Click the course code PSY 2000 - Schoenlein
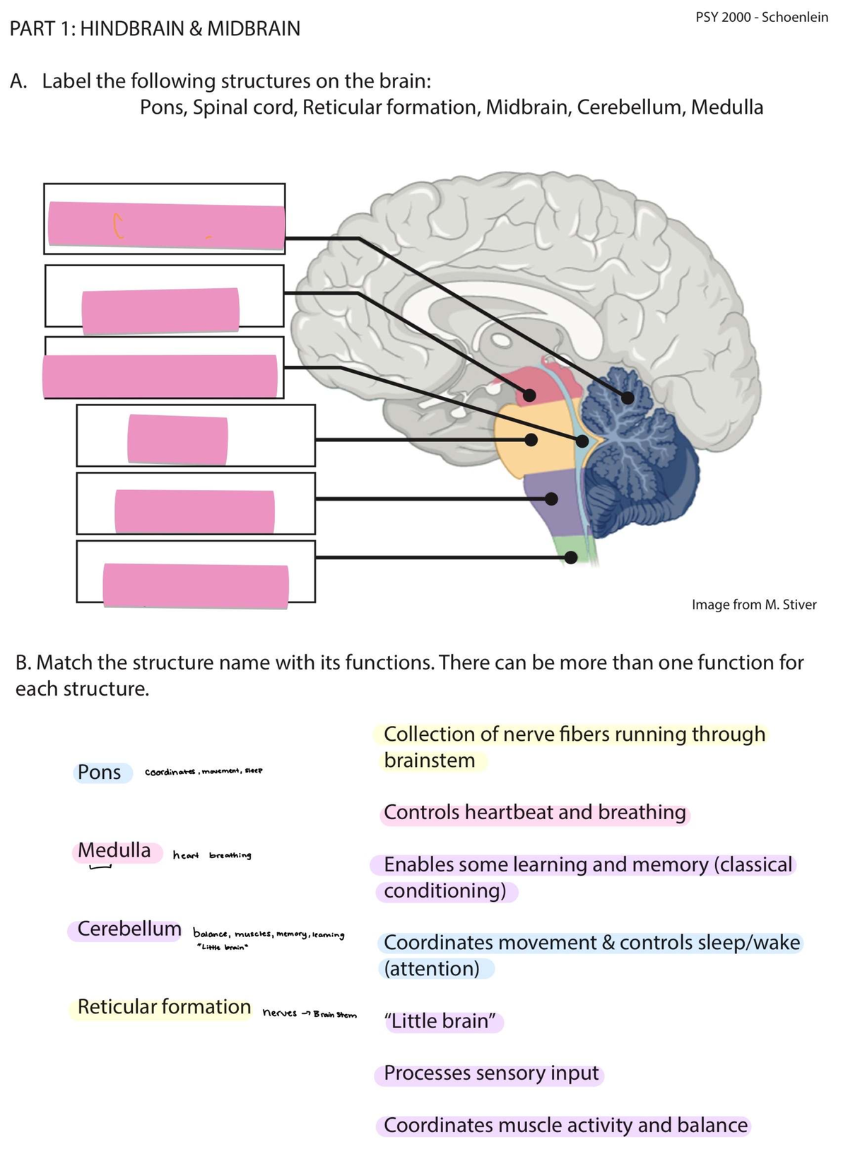[x=761, y=17]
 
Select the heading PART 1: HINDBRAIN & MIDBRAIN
[x=155, y=29]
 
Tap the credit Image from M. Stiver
[x=753, y=605]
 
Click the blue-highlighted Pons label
[x=100, y=773]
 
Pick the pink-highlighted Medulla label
[x=114, y=850]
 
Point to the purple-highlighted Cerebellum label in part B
[x=129, y=929]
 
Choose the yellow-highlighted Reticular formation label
[x=164, y=1007]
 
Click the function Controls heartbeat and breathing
[x=535, y=813]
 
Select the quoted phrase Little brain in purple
[x=442, y=1021]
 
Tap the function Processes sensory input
[x=491, y=1073]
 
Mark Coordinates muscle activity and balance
[x=565, y=1126]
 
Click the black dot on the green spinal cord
[x=572, y=558]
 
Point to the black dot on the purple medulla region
[x=552, y=499]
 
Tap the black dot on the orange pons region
[x=531, y=440]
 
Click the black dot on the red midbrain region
[x=529, y=395]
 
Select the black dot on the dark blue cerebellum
[x=627, y=398]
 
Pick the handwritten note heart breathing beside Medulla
[x=212, y=856]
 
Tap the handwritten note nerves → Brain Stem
[x=310, y=1013]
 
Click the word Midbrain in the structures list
[x=528, y=107]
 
